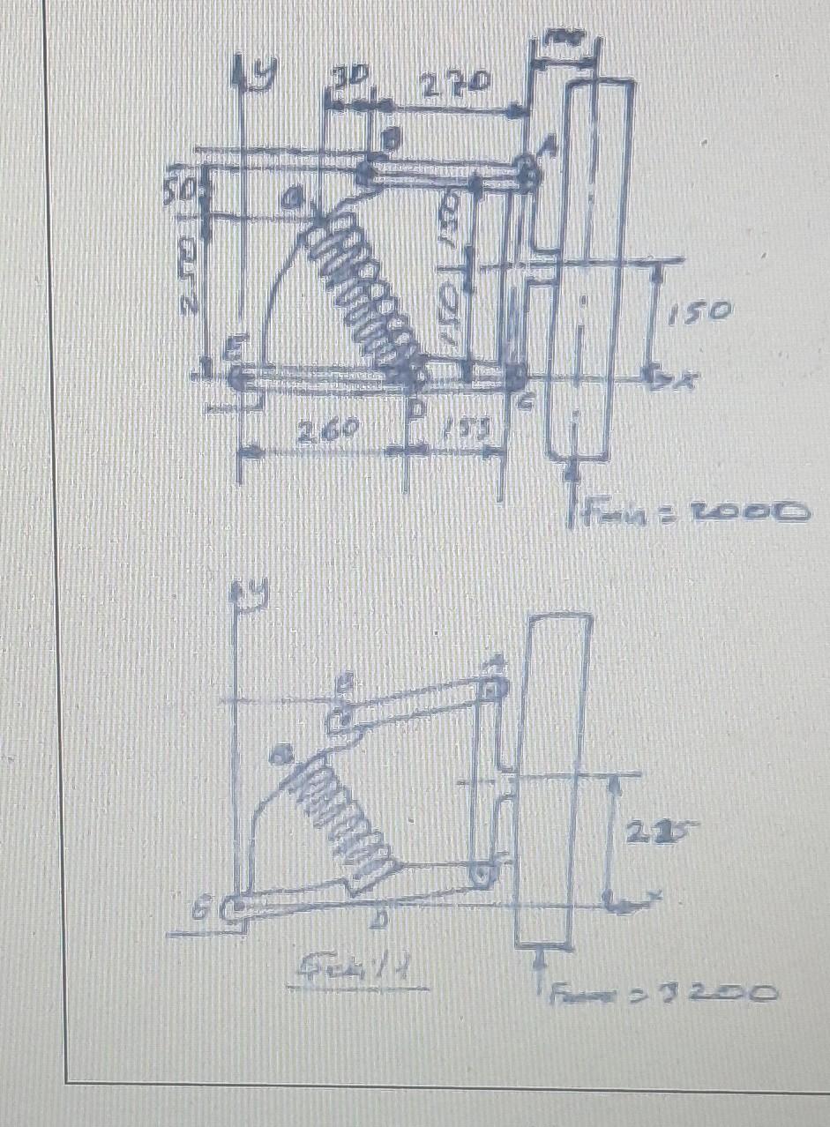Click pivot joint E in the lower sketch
tap(235, 908)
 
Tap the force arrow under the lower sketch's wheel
tap(539, 970)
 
